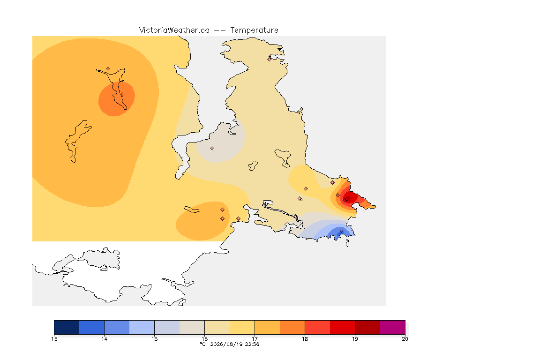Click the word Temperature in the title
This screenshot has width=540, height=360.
(254, 30)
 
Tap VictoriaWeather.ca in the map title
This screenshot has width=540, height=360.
(174, 30)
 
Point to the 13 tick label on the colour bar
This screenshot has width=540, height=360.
(54, 339)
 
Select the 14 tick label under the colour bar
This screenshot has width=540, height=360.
(105, 339)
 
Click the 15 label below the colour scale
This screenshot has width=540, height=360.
(154, 339)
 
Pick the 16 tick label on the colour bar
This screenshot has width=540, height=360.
(204, 339)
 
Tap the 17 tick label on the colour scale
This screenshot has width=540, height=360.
(255, 339)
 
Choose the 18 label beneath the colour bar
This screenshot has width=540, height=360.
(305, 339)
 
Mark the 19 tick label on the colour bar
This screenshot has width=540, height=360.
(355, 339)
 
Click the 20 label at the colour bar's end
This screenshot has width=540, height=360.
(405, 339)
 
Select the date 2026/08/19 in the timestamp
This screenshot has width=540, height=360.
(226, 344)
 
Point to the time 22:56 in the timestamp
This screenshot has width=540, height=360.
(252, 344)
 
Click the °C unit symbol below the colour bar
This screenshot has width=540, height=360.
(203, 344)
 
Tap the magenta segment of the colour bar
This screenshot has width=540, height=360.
(393, 327)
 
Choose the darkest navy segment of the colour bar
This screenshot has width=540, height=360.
(67, 327)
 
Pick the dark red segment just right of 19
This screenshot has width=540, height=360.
(367, 327)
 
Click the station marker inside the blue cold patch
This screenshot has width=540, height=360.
(341, 231)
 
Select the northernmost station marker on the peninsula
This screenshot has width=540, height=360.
(270, 59)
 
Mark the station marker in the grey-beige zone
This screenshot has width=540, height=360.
(212, 149)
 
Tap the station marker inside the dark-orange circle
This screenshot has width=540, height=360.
(122, 94)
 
